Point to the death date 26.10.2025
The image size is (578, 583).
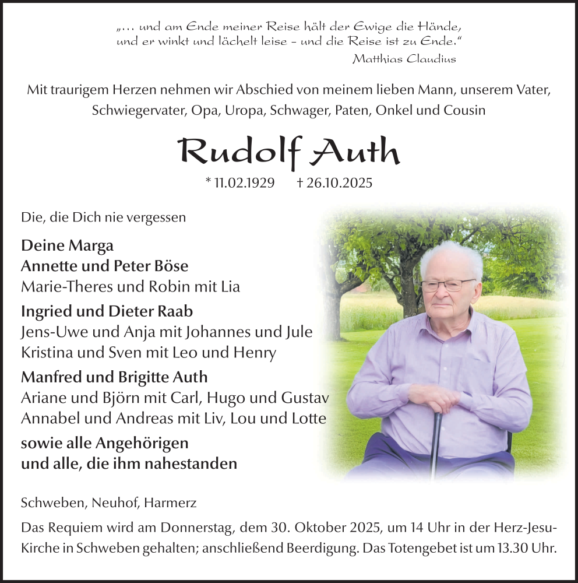pyautogui.click(x=339, y=182)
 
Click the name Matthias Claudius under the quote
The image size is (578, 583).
pyautogui.click(x=404, y=58)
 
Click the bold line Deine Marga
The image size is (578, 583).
pyautogui.click(x=67, y=245)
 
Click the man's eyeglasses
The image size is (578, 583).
pyautogui.click(x=446, y=285)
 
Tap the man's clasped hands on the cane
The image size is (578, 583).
pyautogui.click(x=435, y=399)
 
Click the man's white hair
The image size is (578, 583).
pyautogui.click(x=452, y=257)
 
